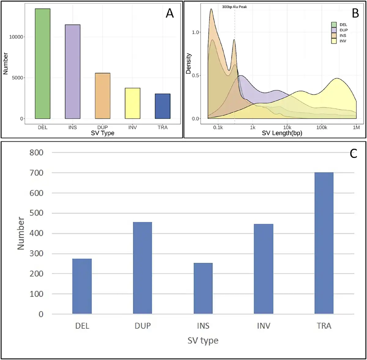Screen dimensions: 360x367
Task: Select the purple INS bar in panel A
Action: pos(72,72)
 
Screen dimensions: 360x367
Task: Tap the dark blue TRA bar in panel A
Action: pos(162,106)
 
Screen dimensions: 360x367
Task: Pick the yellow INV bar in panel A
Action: pos(132,103)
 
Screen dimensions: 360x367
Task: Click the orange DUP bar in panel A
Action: pos(102,96)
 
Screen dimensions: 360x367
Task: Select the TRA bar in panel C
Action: pos(324,243)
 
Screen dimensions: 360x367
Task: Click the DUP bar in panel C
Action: pos(143,268)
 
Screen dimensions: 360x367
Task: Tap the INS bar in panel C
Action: pos(203,288)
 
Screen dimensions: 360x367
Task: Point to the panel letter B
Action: pos(355,13)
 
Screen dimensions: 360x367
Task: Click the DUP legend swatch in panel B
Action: pos(334,30)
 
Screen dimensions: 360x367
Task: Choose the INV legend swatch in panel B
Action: pos(334,41)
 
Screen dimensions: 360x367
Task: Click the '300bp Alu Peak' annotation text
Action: pos(234,7)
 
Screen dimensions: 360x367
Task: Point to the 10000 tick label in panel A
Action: pos(17,37)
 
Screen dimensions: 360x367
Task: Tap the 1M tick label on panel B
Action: pos(356,127)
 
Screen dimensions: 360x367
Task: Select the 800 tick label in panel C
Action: pos(36,152)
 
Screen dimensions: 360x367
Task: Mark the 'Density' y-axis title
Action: pos(188,63)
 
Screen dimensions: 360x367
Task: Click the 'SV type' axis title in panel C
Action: pos(203,341)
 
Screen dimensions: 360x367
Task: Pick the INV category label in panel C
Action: pos(264,325)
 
